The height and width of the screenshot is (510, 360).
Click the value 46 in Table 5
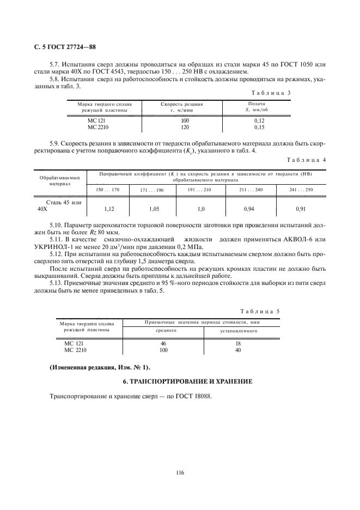(163, 343)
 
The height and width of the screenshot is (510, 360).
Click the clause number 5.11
(57, 240)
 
